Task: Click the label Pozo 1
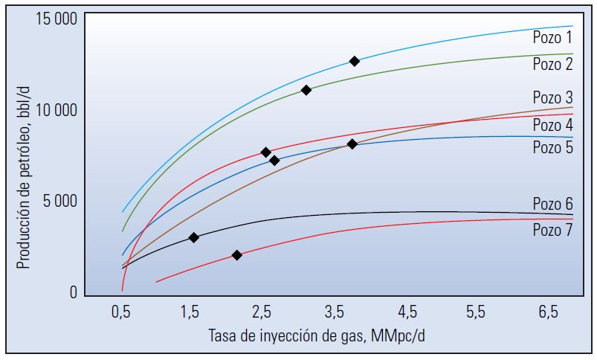point(552,37)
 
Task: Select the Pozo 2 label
point(552,64)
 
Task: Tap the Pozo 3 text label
point(552,97)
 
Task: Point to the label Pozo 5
point(552,147)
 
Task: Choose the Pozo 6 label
point(552,204)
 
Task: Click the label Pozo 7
point(552,230)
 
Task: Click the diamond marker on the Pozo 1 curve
point(355,61)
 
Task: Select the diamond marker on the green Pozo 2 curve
point(306,90)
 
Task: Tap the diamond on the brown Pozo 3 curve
point(352,144)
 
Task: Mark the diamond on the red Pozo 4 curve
point(266,152)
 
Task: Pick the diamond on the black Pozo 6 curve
point(194,238)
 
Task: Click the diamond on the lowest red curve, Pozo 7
point(237,255)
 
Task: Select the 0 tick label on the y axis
point(73,293)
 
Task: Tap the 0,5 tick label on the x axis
point(121,313)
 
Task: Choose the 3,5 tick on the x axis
point(335,313)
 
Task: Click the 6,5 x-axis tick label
point(549,313)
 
